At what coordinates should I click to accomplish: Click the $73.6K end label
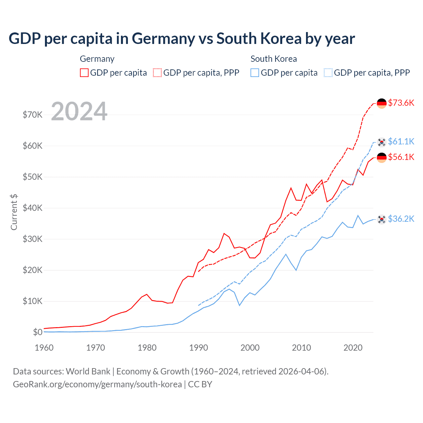[x=401, y=103]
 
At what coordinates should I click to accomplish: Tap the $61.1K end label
[x=401, y=141]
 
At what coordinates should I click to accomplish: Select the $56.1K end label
[x=401, y=157]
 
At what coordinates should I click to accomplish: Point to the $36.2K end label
[x=401, y=219]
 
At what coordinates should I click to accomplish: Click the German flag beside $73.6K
[x=382, y=103]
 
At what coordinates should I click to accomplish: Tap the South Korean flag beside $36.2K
[x=382, y=219]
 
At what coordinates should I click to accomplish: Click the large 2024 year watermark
[x=79, y=111]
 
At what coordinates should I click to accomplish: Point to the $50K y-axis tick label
[x=32, y=177]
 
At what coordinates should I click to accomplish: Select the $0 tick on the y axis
[x=38, y=332]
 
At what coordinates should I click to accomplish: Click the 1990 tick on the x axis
[x=199, y=348]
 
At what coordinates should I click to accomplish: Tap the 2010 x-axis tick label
[x=301, y=348]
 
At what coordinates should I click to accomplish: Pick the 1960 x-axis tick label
[x=44, y=348]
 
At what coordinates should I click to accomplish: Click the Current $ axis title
[x=14, y=212]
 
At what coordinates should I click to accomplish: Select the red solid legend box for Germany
[x=84, y=73]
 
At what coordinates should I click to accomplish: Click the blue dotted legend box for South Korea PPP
[x=328, y=73]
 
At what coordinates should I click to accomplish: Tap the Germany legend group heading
[x=97, y=59]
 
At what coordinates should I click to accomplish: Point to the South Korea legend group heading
[x=274, y=59]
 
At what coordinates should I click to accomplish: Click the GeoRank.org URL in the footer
[x=97, y=384]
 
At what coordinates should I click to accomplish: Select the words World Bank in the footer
[x=88, y=371]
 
